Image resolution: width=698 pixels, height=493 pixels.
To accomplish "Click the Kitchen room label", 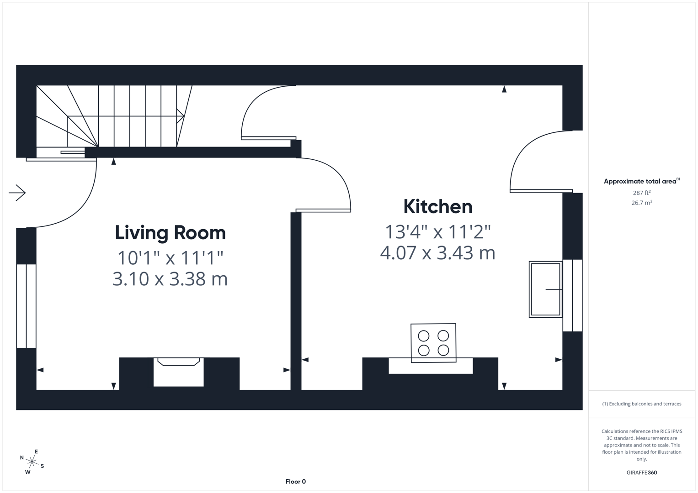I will point(437,207).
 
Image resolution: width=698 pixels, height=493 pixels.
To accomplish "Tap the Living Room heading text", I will point(170,233).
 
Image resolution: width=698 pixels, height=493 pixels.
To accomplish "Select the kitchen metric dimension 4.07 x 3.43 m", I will point(437,253).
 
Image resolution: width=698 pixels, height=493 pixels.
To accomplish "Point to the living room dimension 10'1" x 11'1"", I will point(170,258).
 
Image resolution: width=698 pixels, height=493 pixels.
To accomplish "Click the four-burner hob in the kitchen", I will point(433,343).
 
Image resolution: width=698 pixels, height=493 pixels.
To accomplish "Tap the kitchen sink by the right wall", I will point(545,289).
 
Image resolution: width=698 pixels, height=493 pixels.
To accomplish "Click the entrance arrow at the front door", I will point(17,193).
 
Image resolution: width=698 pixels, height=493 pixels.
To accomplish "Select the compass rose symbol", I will point(32,462).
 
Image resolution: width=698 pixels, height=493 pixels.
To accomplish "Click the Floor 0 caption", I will point(295,482).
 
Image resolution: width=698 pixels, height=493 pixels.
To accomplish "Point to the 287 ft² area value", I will point(641,193).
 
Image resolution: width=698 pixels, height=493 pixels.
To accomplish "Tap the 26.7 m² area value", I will point(641,203).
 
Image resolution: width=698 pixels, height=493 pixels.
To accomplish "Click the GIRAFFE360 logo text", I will point(641,472).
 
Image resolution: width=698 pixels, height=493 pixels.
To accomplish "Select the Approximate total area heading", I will point(641,181).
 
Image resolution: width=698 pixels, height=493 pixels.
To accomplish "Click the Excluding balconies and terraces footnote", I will point(641,404).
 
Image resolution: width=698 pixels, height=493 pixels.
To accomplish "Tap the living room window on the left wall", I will point(26,306).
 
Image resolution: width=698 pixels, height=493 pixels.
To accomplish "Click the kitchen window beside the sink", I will point(572,295).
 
